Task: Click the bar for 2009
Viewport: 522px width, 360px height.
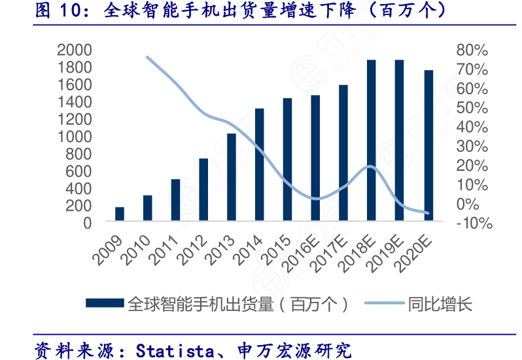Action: pyautogui.click(x=120, y=215)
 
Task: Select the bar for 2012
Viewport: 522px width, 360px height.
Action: pyautogui.click(x=203, y=190)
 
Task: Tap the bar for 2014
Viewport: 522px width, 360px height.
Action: pyautogui.click(x=259, y=165)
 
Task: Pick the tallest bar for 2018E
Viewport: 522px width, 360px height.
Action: pyautogui.click(x=371, y=141)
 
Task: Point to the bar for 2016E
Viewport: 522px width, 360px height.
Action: pyautogui.click(x=315, y=158)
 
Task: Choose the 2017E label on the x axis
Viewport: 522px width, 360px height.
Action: pyautogui.click(x=331, y=252)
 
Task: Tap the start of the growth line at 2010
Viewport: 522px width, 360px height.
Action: pyautogui.click(x=147, y=57)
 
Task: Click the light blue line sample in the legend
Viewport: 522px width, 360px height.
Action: pyautogui.click(x=383, y=304)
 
